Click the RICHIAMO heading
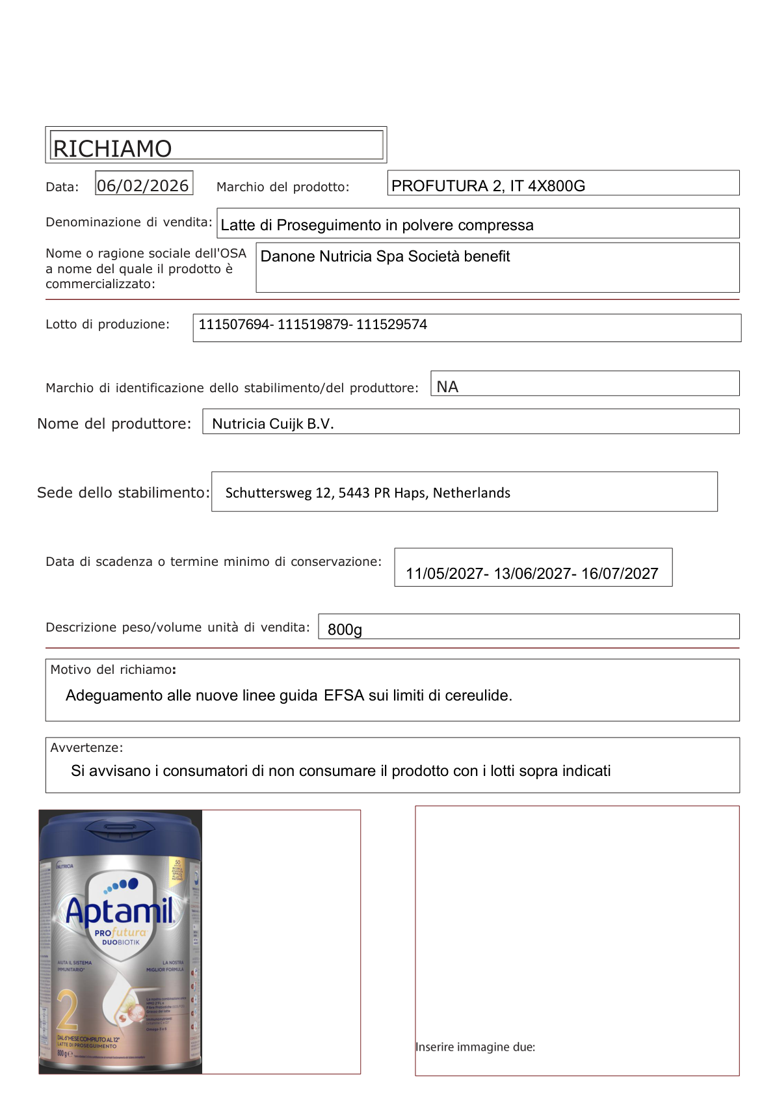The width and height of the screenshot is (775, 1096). coord(112,148)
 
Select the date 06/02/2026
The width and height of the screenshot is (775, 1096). coord(143,185)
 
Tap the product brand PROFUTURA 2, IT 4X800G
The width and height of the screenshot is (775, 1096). coord(488,186)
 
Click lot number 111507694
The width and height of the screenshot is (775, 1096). coord(235,325)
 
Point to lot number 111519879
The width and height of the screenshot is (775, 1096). coord(313,325)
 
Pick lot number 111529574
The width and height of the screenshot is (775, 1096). coord(391,325)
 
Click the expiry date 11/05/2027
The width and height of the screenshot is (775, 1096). coord(445,574)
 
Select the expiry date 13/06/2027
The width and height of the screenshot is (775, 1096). coord(532,574)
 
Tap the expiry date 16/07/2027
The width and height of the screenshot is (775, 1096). coord(620,574)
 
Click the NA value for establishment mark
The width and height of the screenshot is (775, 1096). coord(447,387)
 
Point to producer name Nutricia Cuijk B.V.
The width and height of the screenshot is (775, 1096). coord(273,424)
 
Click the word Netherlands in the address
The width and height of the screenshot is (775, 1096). coord(471,493)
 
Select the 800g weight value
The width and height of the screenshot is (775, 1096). coord(345,630)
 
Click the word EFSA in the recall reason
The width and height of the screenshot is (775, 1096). coord(344,695)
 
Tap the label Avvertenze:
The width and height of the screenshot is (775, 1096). coord(86,748)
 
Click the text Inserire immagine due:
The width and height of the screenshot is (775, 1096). coord(475,1047)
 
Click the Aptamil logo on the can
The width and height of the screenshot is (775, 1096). coord(120,911)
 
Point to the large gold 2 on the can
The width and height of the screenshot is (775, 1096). coord(67,1010)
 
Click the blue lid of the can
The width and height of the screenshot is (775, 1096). coord(120,836)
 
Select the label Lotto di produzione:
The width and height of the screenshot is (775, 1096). coord(107,325)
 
